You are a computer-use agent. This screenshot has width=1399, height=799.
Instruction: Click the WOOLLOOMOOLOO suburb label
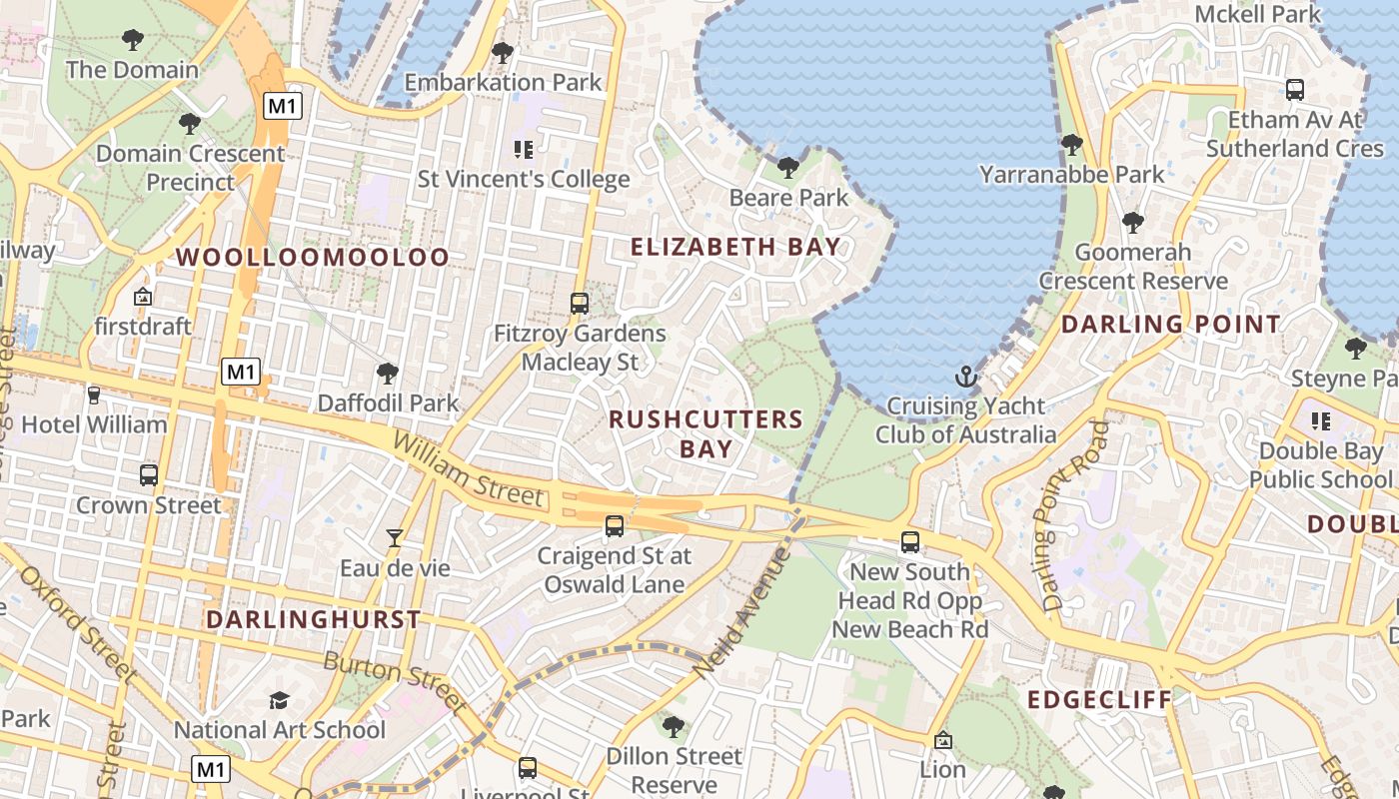point(313,257)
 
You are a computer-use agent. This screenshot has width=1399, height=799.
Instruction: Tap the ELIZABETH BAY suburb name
point(735,247)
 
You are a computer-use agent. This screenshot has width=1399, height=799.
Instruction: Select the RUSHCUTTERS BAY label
point(706,433)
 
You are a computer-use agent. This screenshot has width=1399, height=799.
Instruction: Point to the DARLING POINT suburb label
point(1170,324)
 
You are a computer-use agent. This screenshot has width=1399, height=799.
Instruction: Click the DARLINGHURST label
point(314,619)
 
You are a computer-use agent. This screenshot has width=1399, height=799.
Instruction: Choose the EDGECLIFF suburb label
point(1099,699)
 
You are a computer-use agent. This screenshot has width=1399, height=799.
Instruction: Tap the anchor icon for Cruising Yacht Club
point(965,378)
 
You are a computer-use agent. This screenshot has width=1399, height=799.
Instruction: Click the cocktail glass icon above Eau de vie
point(395,538)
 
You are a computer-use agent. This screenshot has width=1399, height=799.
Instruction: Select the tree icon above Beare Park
point(788,168)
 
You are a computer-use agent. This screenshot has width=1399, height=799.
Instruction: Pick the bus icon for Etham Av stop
point(1295,90)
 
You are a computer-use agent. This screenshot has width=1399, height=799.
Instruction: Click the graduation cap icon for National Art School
point(279,701)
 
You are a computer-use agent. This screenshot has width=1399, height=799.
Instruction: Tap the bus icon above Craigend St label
point(614,525)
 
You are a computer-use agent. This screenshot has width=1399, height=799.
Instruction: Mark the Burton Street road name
point(396,682)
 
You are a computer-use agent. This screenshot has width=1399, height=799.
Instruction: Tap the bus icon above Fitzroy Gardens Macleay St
point(580,303)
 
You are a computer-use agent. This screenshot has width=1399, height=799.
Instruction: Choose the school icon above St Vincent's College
point(524,150)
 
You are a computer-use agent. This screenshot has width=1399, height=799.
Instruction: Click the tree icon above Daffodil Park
point(388,375)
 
